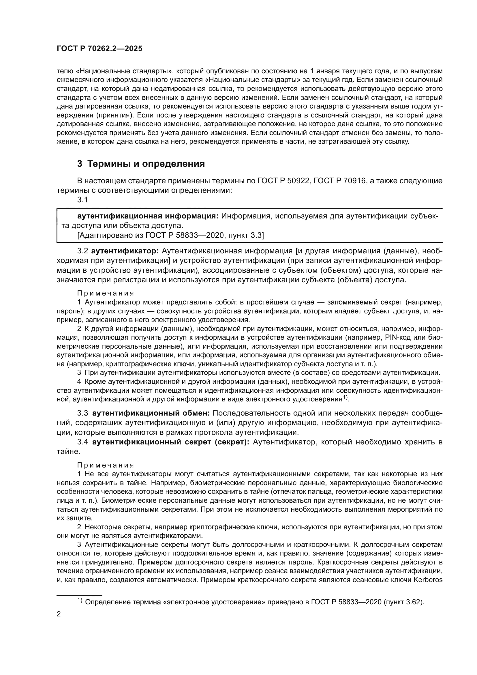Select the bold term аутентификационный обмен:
[151, 413]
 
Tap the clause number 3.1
[82, 200]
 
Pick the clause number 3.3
[82, 413]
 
